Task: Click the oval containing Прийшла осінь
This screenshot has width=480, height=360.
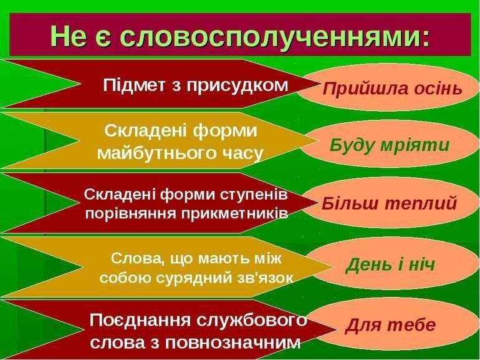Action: pyautogui.click(x=386, y=88)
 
